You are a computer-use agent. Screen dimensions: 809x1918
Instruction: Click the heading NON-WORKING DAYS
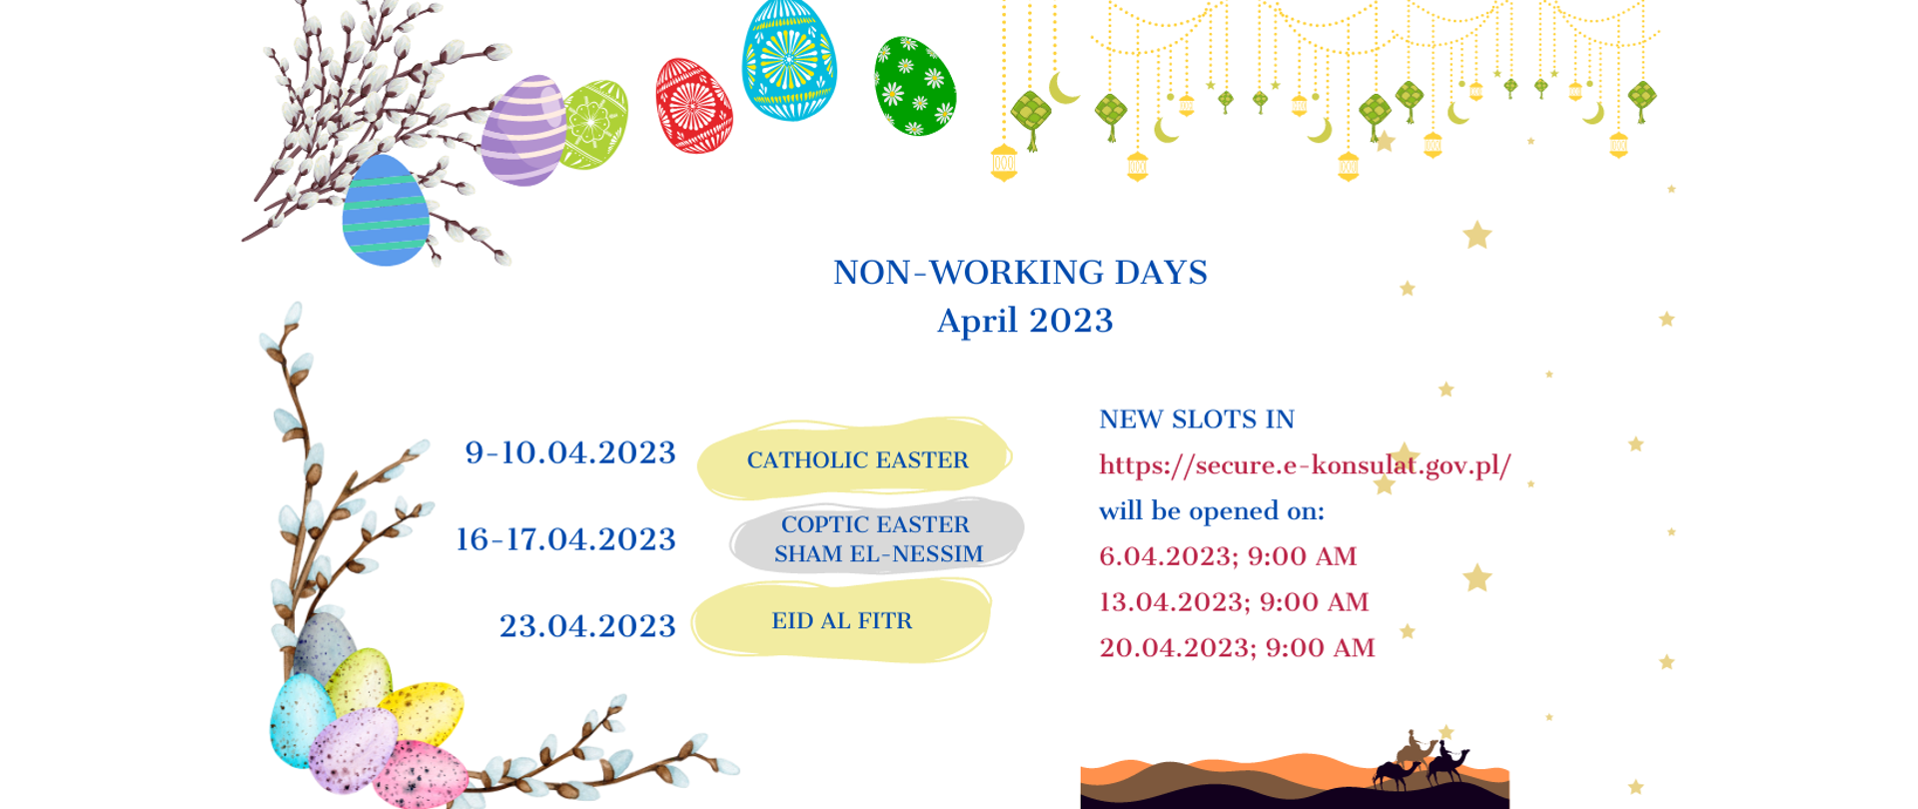(x=1020, y=273)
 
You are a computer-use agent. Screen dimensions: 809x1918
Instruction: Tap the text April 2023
(x=1024, y=321)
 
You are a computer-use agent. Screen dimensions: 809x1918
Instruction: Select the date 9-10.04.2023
(x=570, y=453)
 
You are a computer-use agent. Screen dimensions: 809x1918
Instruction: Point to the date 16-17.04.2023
(x=565, y=540)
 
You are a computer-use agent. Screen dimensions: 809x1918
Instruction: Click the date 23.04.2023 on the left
(x=587, y=626)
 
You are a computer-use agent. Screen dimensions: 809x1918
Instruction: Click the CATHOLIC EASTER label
(x=857, y=460)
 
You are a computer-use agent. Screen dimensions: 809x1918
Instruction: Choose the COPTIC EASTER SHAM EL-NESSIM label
(x=877, y=539)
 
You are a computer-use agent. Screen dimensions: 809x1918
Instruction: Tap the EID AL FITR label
(x=841, y=621)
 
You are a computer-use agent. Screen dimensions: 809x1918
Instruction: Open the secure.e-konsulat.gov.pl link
(x=1305, y=465)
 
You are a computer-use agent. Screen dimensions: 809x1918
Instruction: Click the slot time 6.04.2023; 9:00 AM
(x=1228, y=556)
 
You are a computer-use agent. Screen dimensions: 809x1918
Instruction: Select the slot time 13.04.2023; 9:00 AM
(x=1234, y=602)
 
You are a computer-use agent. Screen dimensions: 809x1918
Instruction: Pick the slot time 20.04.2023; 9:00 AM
(x=1237, y=648)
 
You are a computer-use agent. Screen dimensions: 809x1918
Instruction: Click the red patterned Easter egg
(x=693, y=106)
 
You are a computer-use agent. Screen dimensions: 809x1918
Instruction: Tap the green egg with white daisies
(x=914, y=87)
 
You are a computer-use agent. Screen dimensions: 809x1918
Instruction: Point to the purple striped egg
(x=523, y=131)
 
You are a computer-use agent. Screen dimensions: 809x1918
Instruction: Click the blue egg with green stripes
(x=386, y=212)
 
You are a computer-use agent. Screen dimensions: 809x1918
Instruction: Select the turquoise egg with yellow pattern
(x=789, y=60)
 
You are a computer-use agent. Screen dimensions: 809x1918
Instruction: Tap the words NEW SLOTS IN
(x=1196, y=419)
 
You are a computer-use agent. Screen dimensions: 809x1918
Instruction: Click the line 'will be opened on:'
(x=1211, y=511)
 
